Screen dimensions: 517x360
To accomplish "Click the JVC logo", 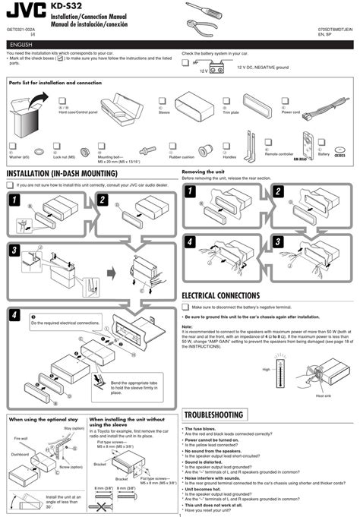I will click(24, 10).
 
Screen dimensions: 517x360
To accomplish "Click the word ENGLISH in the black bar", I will click(22, 44).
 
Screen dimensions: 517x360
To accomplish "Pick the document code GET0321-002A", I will click(21, 29).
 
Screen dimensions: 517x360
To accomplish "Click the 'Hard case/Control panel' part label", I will click(77, 112).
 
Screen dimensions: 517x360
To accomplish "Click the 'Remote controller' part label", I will click(278, 154).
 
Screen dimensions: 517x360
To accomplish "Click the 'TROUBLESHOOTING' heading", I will click(213, 415).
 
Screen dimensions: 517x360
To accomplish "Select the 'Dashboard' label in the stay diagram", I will click(21, 455).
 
